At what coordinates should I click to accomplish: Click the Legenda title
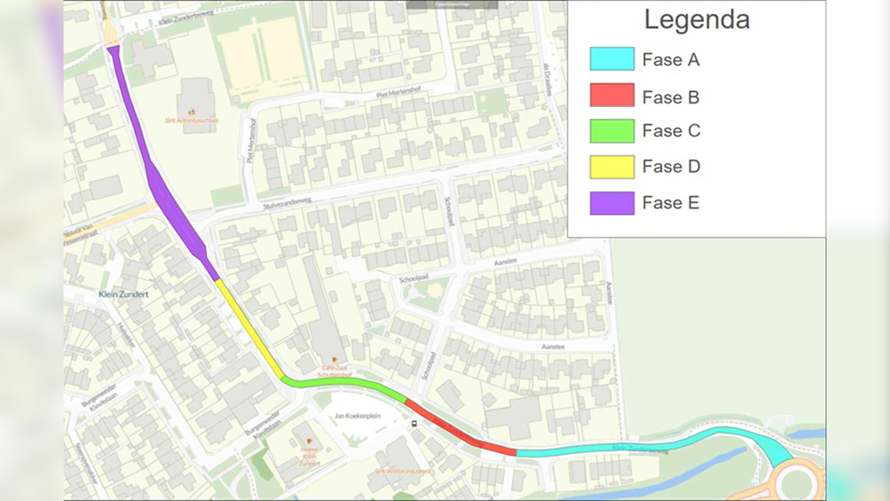click(x=696, y=20)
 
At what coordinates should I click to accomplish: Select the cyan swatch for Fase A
click(x=612, y=59)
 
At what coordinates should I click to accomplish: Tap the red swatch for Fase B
click(x=612, y=95)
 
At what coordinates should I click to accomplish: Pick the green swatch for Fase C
click(x=612, y=131)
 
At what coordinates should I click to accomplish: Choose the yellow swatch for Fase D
click(x=612, y=167)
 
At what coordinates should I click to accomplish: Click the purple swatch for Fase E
click(x=612, y=203)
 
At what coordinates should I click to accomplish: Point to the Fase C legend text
click(x=671, y=131)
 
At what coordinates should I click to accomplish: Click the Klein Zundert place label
click(x=123, y=294)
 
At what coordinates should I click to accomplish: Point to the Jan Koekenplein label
click(x=357, y=416)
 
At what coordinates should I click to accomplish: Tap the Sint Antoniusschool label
click(x=192, y=120)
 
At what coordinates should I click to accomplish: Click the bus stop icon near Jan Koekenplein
click(x=414, y=424)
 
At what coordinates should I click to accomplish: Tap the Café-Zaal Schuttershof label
click(x=334, y=371)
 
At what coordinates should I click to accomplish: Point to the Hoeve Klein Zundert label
click(x=309, y=456)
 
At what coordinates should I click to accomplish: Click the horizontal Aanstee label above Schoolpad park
click(x=505, y=262)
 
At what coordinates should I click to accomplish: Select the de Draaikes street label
click(x=548, y=80)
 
